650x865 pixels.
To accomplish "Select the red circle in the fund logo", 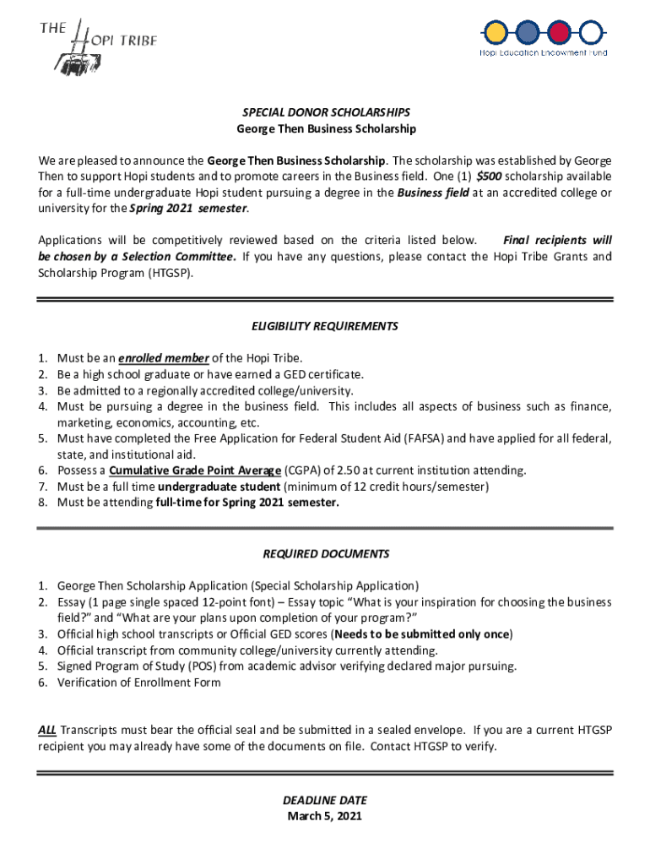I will point(559,33).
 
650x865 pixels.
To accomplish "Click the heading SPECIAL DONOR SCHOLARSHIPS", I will point(325,112).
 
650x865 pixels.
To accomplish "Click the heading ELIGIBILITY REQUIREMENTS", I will point(325,326).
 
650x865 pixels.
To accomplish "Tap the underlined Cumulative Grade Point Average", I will point(195,471).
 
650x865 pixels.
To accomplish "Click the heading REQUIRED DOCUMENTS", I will point(325,554).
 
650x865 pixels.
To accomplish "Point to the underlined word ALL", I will point(47,730).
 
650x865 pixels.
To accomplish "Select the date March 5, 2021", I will point(325,816).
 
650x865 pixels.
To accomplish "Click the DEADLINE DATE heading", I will point(325,800).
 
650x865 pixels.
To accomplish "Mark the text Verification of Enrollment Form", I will point(139,683).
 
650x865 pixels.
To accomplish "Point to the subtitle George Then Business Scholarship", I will point(325,128).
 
